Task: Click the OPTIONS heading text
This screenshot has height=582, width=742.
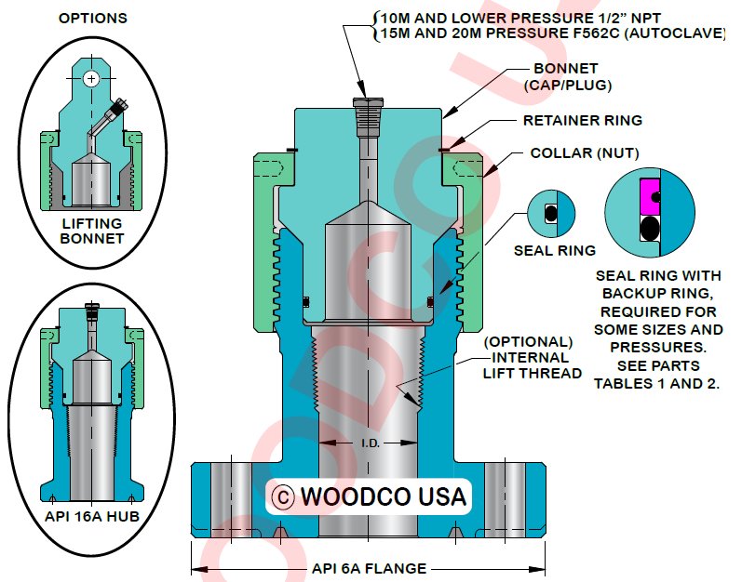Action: point(92,18)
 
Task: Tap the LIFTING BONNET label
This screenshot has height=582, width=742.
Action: point(92,231)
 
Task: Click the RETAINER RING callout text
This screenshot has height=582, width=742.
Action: point(582,121)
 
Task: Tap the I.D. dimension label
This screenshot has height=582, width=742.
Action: point(370,443)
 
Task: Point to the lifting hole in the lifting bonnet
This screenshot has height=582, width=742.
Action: point(91,79)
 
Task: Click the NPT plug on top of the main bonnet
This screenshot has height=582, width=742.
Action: point(367,115)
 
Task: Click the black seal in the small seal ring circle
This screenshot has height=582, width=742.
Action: point(550,213)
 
